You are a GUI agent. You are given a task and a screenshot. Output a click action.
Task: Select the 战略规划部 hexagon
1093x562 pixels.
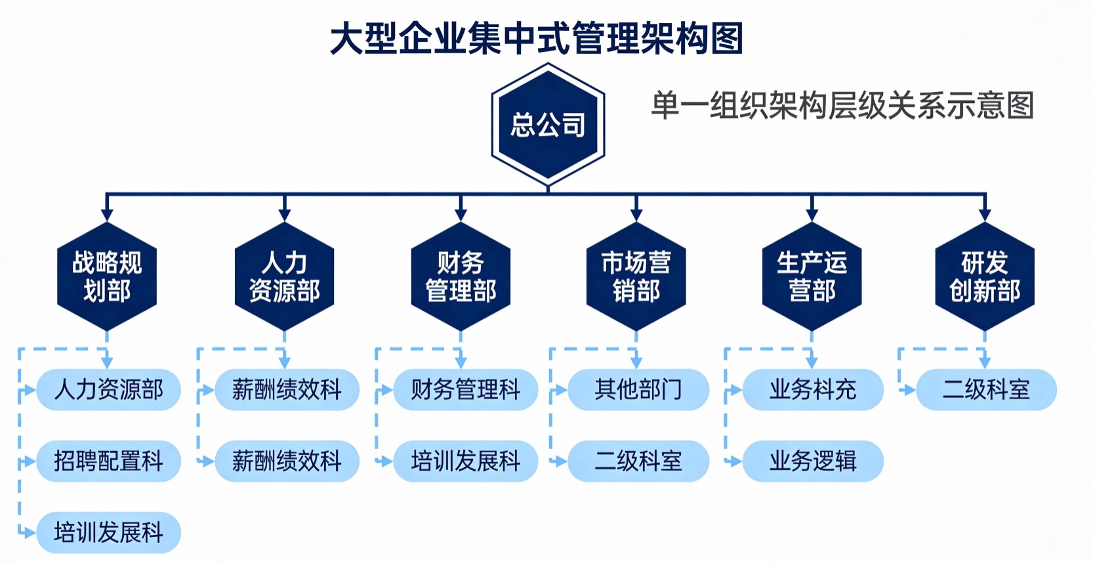point(107,276)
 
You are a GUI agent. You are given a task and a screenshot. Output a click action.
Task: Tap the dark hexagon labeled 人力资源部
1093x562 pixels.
point(284,276)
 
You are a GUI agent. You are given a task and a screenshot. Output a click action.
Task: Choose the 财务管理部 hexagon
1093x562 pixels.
point(461,276)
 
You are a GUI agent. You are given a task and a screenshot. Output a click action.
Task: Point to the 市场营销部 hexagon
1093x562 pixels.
point(636,276)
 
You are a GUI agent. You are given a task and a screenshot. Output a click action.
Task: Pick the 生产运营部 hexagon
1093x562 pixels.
point(812,276)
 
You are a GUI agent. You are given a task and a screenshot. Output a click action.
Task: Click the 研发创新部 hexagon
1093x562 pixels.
point(984,276)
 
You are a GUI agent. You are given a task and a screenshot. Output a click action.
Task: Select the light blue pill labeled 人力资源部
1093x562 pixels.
point(108,390)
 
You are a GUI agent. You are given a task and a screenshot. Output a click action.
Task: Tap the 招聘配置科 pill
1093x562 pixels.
point(108,461)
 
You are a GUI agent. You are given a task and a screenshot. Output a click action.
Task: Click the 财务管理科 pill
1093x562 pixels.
point(465,390)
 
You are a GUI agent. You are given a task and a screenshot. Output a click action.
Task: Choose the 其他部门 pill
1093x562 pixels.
point(638,390)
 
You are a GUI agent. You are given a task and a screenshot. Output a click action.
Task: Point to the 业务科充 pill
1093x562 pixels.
point(813,390)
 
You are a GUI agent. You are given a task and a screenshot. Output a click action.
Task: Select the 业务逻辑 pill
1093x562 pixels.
point(813,461)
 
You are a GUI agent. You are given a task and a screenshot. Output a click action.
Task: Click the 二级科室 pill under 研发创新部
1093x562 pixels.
point(986,390)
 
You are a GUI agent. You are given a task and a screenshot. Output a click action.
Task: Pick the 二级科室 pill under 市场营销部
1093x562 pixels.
point(638,461)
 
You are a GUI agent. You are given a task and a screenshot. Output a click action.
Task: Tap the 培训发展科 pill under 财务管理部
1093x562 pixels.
point(465,461)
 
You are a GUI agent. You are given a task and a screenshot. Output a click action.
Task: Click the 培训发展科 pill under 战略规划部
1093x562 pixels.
point(108,532)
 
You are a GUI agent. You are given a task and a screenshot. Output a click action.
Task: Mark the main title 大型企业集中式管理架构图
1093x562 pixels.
point(537,38)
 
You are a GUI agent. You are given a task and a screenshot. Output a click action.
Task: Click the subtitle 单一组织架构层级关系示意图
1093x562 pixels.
point(842,106)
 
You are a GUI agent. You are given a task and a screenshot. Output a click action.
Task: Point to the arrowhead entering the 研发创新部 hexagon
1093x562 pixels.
point(984,215)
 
